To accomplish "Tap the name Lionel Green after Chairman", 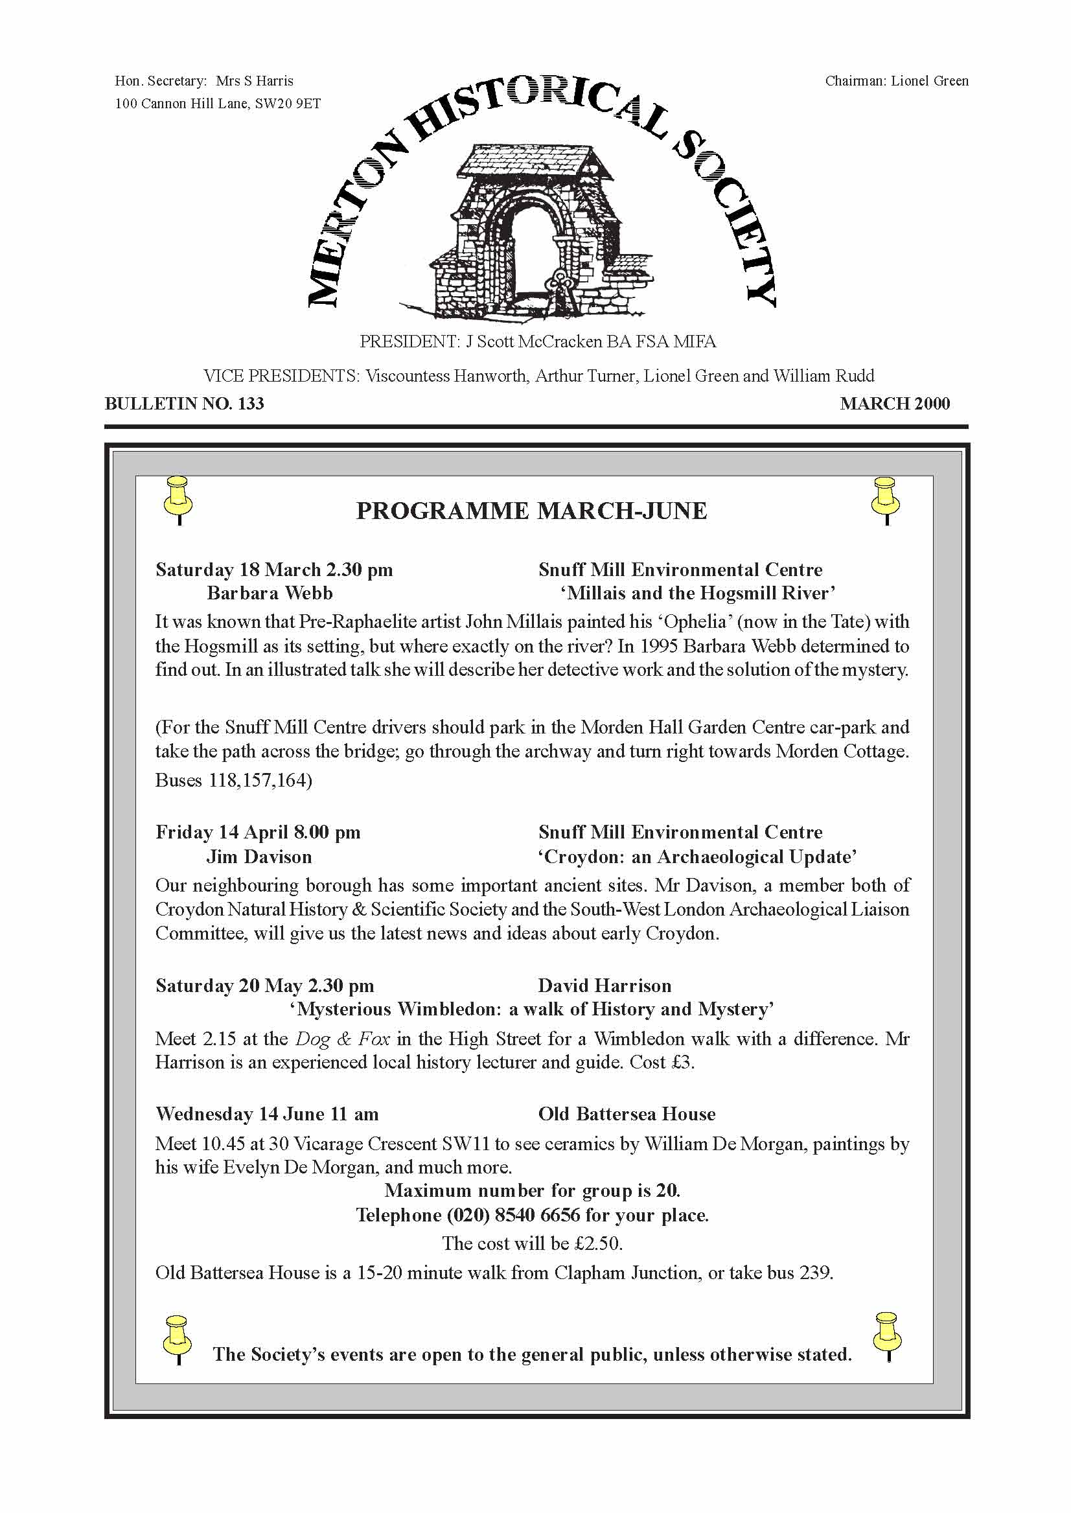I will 929,81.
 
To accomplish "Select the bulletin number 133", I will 251,404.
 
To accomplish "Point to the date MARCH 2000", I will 894,404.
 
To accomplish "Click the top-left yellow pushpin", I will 178,500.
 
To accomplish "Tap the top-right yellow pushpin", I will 885,500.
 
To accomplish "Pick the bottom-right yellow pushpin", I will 887,1335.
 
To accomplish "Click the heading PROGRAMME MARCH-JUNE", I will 531,511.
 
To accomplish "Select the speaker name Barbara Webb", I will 270,593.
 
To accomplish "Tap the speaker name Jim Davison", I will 259,857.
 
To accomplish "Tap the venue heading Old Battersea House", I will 627,1114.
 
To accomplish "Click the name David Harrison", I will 605,986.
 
